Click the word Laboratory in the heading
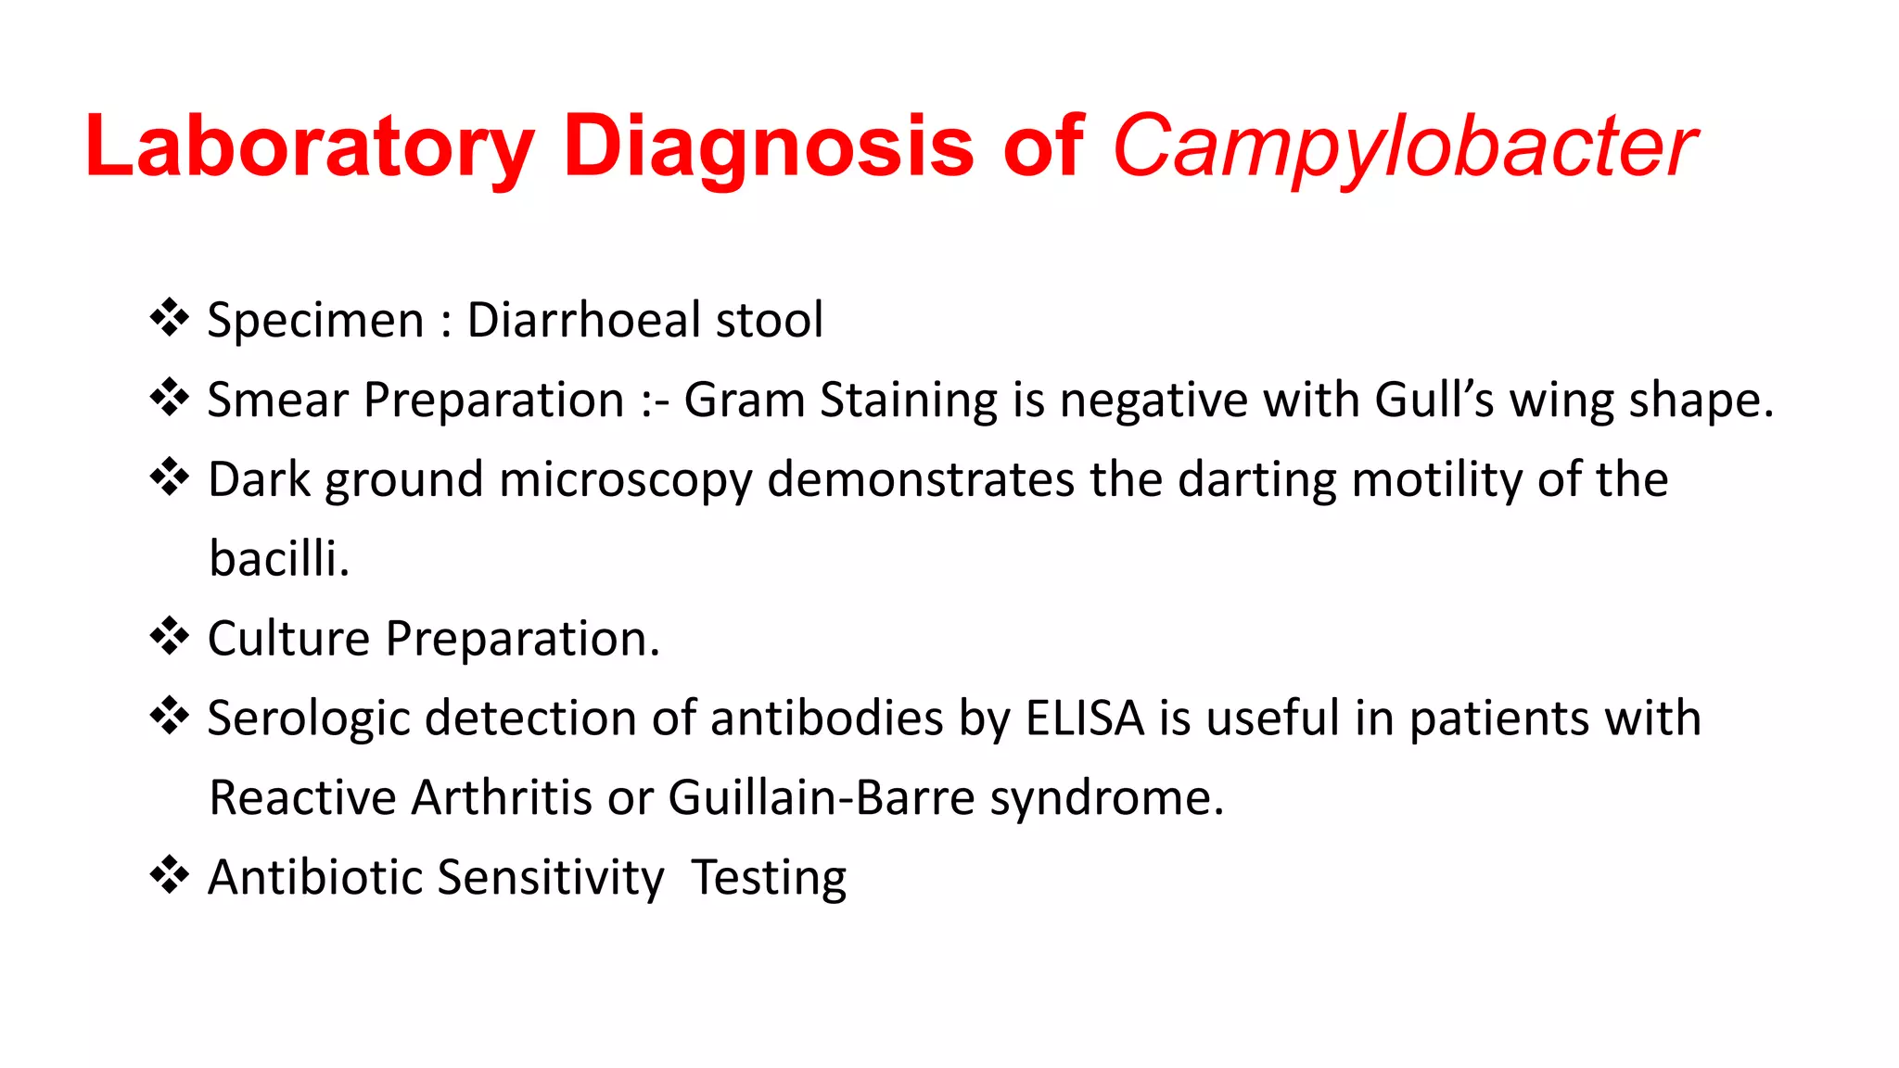(310, 146)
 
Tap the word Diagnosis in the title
(768, 146)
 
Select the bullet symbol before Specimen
(170, 318)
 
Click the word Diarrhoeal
(583, 320)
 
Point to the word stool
(769, 320)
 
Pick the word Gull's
(1434, 400)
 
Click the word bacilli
(278, 559)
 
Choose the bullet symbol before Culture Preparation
(170, 637)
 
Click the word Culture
(288, 639)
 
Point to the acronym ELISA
(1085, 718)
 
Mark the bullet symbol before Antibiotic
(170, 875)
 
